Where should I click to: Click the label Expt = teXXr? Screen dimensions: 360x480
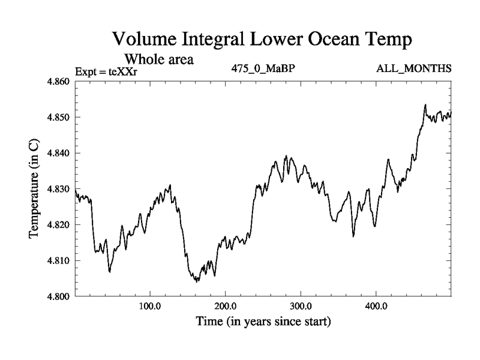(x=106, y=72)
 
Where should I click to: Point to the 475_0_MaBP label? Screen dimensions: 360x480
(x=263, y=68)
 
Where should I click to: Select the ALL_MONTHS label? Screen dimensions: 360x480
(x=413, y=68)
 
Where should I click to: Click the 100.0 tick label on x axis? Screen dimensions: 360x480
(x=149, y=306)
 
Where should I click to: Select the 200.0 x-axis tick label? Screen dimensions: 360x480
(x=225, y=306)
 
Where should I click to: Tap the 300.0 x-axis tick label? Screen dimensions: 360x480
(x=301, y=306)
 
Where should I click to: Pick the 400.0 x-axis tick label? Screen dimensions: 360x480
(x=376, y=306)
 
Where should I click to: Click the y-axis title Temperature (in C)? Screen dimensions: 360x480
(x=34, y=189)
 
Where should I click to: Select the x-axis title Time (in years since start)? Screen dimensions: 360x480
(x=263, y=322)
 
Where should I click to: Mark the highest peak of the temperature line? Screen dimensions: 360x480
(x=425, y=105)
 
